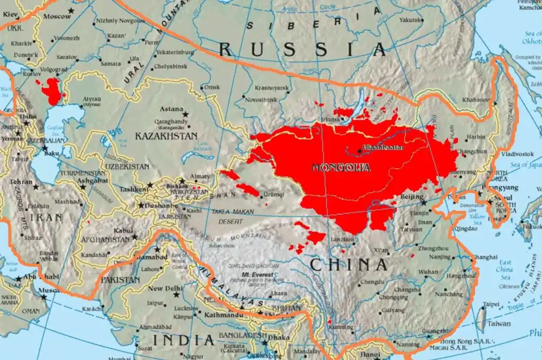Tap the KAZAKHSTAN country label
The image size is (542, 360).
click(166, 136)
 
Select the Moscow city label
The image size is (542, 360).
click(57, 16)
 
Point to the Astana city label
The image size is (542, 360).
click(171, 109)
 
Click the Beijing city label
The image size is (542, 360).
click(413, 197)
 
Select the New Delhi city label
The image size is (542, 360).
click(165, 289)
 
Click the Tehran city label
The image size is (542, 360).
click(21, 182)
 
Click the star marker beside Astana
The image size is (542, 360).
click(186, 114)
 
